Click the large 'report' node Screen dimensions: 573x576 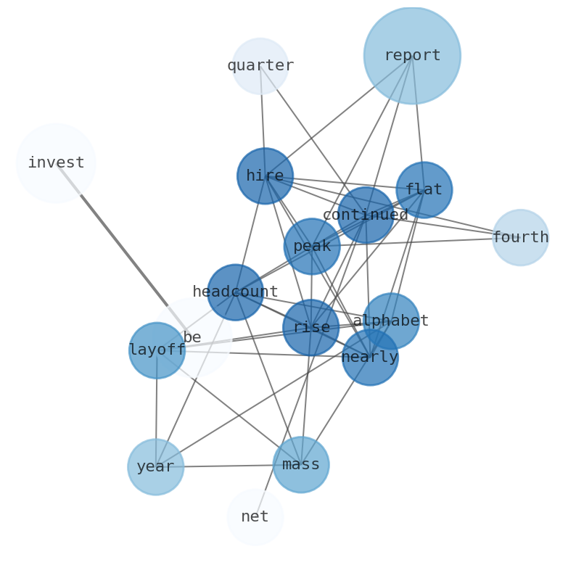411,55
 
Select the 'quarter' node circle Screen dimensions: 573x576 260,66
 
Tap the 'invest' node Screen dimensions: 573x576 56,163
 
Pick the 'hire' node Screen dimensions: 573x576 265,176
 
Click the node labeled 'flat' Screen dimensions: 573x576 424,189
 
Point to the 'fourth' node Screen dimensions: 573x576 520,237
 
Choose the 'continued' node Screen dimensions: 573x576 366,215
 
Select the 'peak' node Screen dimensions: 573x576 311,246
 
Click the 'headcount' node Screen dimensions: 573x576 235,292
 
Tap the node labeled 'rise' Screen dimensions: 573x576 310,327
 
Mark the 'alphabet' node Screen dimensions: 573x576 391,321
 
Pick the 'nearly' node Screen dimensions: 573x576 370,357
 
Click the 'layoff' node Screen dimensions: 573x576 157,350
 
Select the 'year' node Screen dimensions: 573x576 155,466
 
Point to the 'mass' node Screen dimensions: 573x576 300,464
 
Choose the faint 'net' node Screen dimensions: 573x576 255,516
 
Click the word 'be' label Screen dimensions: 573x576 192,337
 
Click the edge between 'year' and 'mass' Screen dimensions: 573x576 225,466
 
